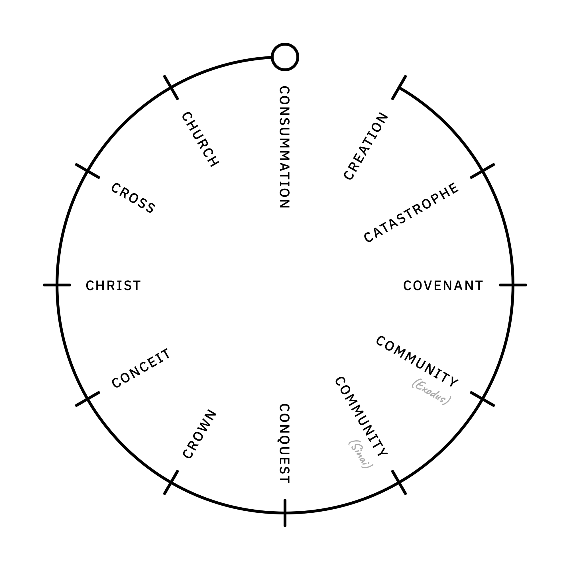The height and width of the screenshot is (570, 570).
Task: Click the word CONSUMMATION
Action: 285,147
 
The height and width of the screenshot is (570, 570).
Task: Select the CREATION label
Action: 366,146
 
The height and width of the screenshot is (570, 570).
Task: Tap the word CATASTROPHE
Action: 411,213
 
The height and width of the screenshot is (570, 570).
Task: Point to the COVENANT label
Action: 443,286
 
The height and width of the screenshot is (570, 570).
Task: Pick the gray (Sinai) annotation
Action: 361,454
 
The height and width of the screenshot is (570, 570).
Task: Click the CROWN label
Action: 200,434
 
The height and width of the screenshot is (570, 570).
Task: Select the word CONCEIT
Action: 141,368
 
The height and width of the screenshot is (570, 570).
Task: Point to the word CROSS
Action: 133,198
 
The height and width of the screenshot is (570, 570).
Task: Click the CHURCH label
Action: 200,139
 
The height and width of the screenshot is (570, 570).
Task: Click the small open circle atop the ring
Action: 285,57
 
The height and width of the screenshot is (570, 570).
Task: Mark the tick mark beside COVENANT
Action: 513,285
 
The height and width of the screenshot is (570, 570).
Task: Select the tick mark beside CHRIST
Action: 57,285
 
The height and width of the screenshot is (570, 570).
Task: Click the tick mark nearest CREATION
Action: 399,87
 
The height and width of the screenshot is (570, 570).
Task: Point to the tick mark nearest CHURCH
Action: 171,87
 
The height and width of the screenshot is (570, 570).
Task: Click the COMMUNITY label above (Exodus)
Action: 417,361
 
